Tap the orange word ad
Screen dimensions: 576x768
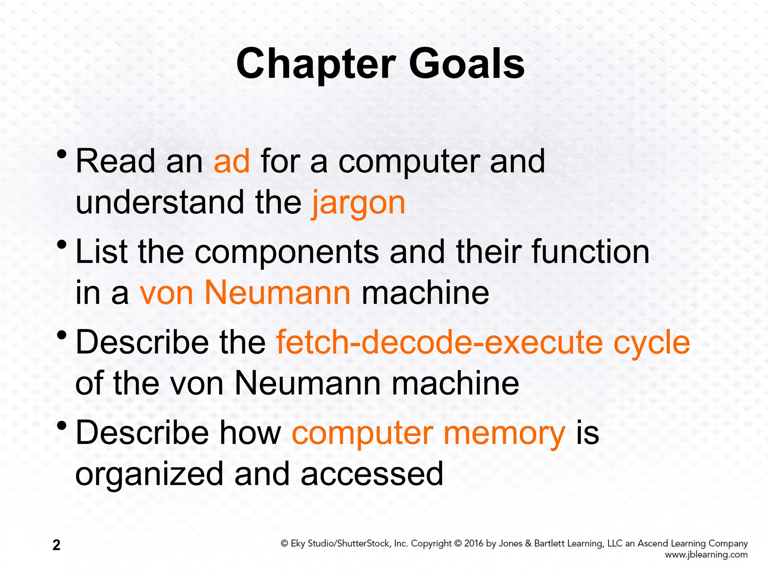[x=231, y=161]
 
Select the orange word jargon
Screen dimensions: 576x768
[x=358, y=204]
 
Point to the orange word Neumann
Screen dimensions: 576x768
[x=277, y=293]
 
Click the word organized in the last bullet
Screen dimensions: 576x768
[x=149, y=475]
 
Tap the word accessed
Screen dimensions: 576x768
[x=372, y=474]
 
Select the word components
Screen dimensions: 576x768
[x=286, y=252]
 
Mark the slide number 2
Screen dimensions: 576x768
[x=56, y=545]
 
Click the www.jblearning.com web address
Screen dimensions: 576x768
[x=706, y=555]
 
